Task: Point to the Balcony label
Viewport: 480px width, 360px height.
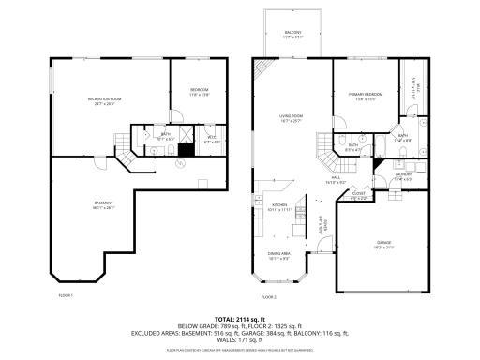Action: point(292,34)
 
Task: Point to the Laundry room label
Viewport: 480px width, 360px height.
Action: point(404,176)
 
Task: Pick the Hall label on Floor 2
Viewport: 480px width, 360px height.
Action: point(336,179)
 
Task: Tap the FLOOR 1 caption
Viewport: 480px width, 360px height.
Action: point(66,294)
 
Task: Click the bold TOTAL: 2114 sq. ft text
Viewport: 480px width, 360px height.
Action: point(240,318)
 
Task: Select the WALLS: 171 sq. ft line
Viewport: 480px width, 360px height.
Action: point(240,338)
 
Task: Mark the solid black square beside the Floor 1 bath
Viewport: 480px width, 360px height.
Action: point(186,148)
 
